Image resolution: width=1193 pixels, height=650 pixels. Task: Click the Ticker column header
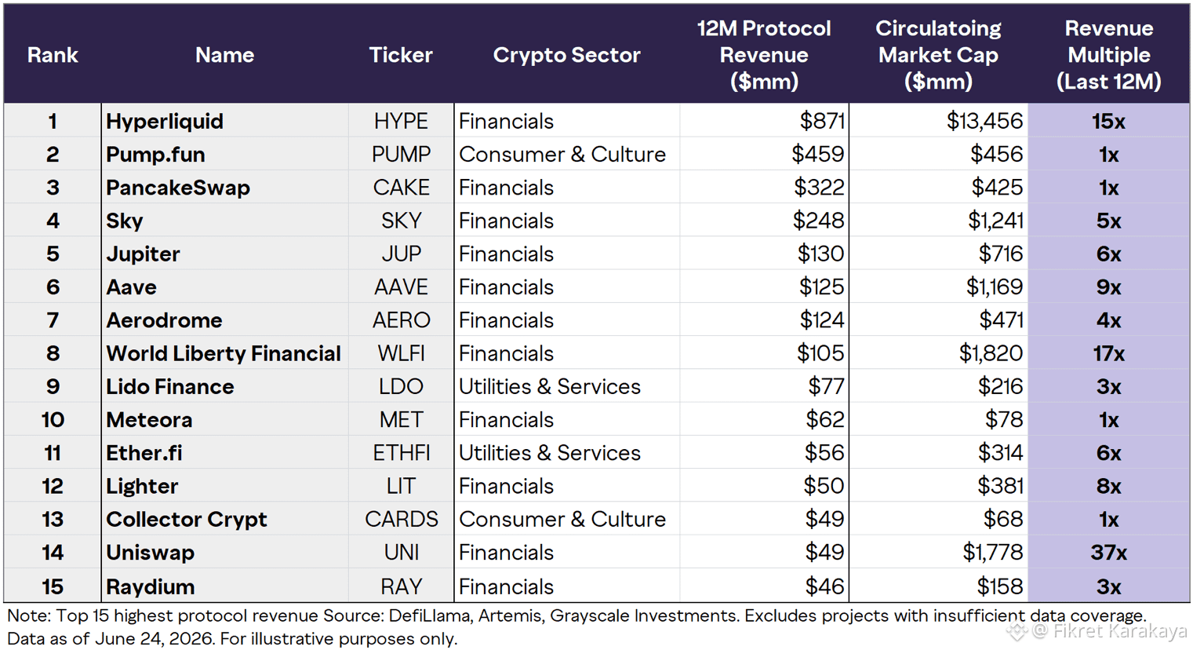tap(401, 55)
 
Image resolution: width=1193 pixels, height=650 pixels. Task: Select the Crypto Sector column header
tap(566, 55)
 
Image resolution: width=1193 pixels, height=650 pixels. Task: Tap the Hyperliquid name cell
tap(165, 122)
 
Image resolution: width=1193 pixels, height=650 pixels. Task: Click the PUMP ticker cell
tap(401, 155)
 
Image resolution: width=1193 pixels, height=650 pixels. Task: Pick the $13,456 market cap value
tap(985, 122)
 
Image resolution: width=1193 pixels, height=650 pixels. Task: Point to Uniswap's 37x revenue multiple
tap(1109, 553)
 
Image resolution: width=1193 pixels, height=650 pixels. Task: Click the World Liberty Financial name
tap(224, 353)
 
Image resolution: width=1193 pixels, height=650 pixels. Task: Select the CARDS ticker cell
tap(401, 520)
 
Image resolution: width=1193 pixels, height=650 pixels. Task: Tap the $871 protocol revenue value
tap(822, 122)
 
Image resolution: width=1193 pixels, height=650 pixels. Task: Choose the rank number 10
tap(53, 420)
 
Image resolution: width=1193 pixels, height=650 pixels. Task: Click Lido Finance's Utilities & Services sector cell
tap(550, 386)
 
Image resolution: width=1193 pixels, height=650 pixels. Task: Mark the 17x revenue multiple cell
tap(1109, 353)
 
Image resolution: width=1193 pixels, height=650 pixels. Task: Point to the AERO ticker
tap(401, 320)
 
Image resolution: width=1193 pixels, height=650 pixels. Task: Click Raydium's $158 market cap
tap(1000, 586)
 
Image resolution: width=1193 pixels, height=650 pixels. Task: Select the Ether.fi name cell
tap(144, 453)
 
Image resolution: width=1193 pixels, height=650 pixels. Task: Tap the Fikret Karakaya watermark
tap(1110, 631)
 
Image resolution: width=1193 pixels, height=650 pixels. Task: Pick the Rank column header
tap(53, 55)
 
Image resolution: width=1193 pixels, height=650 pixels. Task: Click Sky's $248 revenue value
tap(819, 221)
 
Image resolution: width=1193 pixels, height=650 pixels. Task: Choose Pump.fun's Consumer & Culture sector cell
tap(562, 155)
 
